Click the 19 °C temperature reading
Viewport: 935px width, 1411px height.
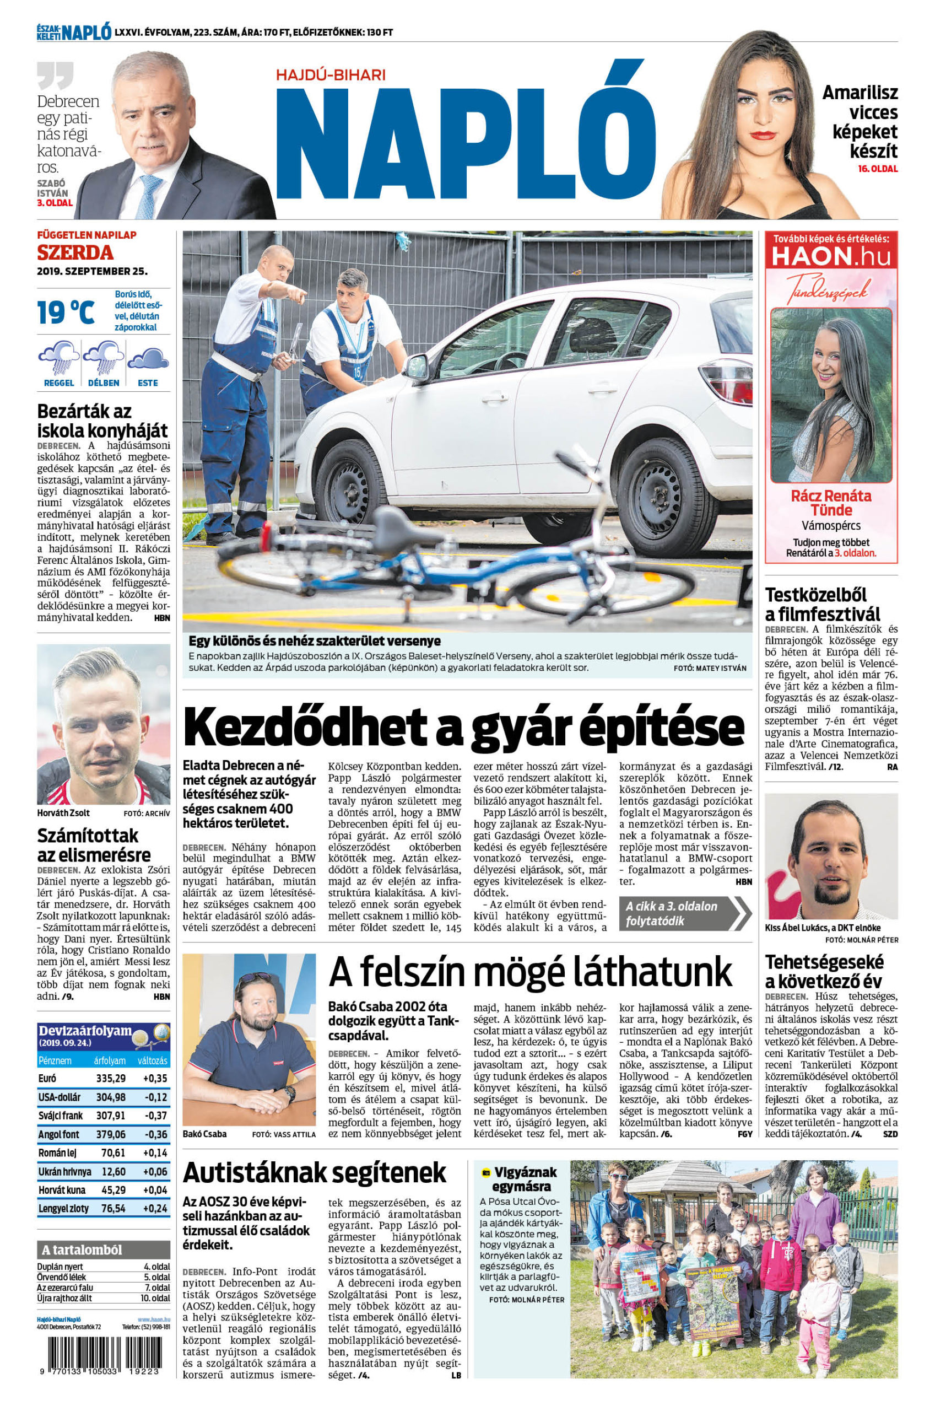coord(66,311)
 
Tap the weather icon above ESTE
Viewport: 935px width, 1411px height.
coord(147,359)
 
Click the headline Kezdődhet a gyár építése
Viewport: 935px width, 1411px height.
coord(463,727)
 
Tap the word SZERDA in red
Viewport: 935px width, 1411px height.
coord(75,253)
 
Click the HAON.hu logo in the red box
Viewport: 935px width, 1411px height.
coord(831,256)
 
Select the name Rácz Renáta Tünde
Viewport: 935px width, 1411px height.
coord(831,503)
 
